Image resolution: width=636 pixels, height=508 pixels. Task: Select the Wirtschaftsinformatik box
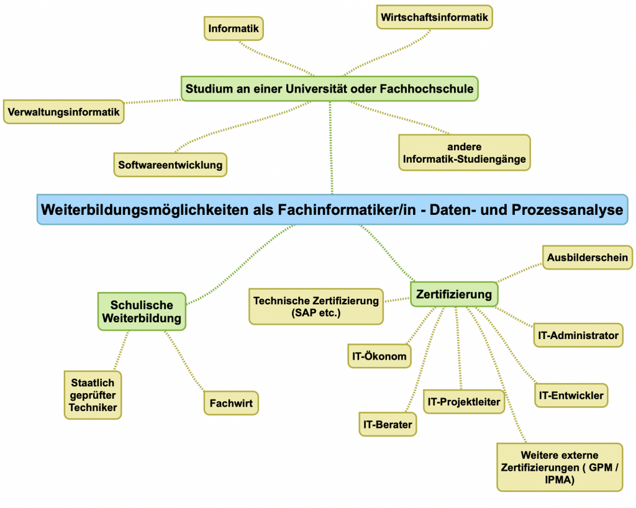[x=434, y=17]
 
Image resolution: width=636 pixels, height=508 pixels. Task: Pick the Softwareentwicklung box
[x=170, y=165]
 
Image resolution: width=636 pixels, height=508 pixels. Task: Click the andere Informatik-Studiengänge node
[x=464, y=153]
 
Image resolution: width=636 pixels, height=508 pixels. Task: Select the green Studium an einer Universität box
[x=329, y=89]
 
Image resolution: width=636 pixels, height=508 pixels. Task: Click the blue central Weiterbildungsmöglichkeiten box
[x=332, y=210]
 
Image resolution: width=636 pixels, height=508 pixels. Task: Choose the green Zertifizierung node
[x=454, y=294]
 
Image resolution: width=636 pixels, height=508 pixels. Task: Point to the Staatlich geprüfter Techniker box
[x=93, y=395]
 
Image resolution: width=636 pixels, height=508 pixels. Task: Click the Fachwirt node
[x=230, y=404]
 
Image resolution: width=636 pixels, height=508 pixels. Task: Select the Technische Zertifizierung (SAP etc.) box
[x=316, y=307]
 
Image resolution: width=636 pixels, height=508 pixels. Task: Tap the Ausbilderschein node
[x=587, y=257]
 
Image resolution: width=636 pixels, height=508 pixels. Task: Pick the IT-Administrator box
[x=578, y=336]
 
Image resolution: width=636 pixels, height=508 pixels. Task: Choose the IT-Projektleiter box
[x=463, y=402]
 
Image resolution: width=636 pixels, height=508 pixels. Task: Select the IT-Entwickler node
[x=571, y=395]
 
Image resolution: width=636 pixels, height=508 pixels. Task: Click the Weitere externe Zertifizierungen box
[x=560, y=466]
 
